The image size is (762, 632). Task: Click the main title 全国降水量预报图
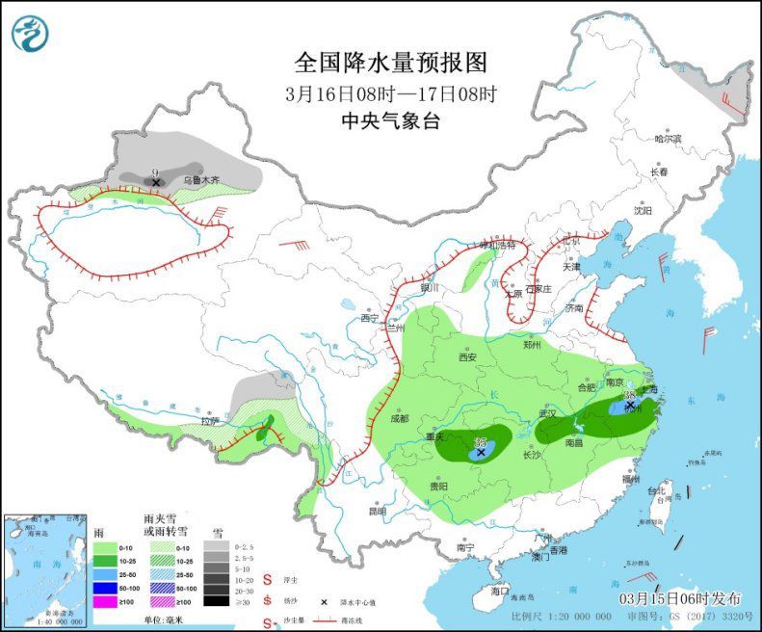click(391, 63)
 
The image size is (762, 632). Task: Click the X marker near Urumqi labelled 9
click(156, 181)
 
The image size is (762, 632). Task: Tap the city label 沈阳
click(642, 210)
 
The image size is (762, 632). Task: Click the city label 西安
click(467, 356)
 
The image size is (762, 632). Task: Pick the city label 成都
click(400, 418)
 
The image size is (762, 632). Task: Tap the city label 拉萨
click(210, 421)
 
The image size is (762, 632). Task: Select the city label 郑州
click(533, 345)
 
